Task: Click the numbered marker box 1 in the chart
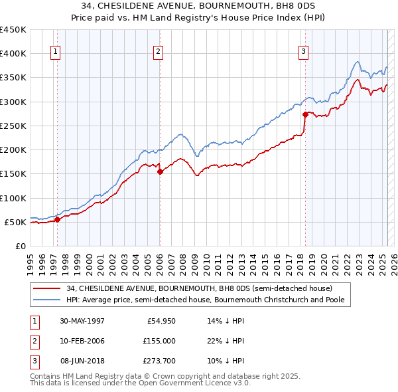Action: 56,53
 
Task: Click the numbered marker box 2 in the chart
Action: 159,53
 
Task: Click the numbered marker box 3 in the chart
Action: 303,53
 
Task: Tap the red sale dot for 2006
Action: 160,171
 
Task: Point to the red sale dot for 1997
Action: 58,219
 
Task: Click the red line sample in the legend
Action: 46,288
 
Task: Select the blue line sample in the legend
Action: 46,300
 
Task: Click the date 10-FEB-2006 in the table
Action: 82,341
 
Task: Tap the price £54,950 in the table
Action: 159,321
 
